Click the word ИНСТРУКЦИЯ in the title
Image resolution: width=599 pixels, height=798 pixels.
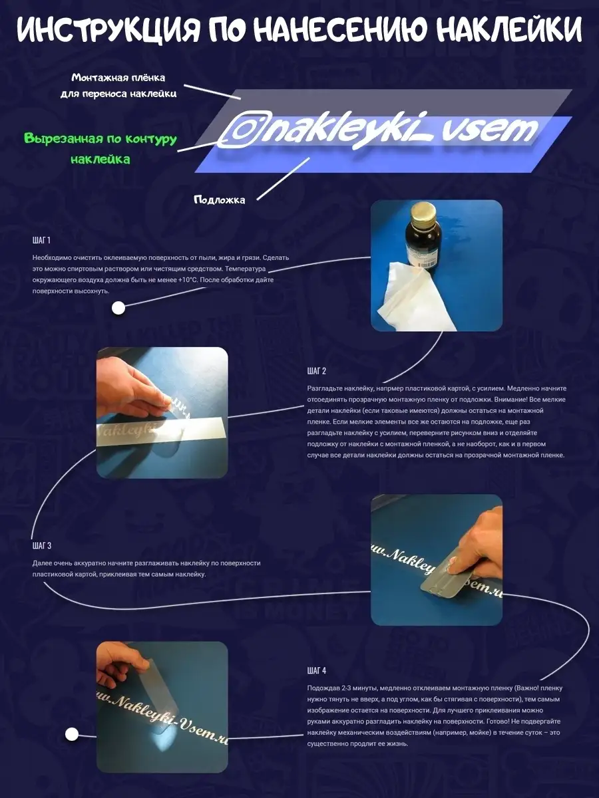108,29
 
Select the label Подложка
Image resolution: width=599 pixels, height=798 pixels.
220,200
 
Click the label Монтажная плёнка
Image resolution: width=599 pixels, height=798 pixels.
118,78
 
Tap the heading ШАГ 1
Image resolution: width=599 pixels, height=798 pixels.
41,240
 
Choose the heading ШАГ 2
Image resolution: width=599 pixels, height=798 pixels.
316,371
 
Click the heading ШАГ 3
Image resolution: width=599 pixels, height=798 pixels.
42,545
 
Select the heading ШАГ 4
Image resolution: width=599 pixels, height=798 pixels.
316,670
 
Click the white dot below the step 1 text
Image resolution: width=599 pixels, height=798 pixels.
118,309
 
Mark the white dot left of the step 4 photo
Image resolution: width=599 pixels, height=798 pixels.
72,734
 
